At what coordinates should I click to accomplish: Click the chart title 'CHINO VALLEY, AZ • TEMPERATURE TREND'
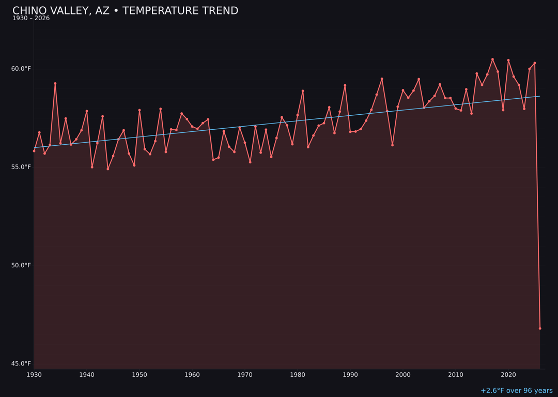pyautogui.click(x=125, y=11)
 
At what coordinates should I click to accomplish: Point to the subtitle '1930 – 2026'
pyautogui.click(x=31, y=19)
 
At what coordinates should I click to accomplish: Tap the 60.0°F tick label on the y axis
pyautogui.click(x=21, y=69)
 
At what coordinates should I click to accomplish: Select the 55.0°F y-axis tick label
pyautogui.click(x=21, y=167)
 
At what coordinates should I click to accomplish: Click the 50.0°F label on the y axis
pyautogui.click(x=21, y=265)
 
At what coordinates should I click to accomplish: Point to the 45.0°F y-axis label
pyautogui.click(x=21, y=363)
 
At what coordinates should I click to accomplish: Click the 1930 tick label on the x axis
pyautogui.click(x=34, y=375)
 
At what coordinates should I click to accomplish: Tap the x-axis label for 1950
pyautogui.click(x=139, y=375)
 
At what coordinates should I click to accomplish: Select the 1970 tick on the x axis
pyautogui.click(x=245, y=375)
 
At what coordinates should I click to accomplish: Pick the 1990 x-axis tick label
pyautogui.click(x=350, y=375)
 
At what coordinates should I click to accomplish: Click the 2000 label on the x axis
pyautogui.click(x=403, y=375)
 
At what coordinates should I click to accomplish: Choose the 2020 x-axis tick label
pyautogui.click(x=508, y=375)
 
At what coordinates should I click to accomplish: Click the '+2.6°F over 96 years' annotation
pyautogui.click(x=516, y=391)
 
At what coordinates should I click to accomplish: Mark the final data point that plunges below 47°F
pyautogui.click(x=540, y=328)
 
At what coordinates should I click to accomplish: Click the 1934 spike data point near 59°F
pyautogui.click(x=55, y=83)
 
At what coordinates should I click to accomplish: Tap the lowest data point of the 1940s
pyautogui.click(x=108, y=169)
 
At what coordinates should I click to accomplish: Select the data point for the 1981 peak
pyautogui.click(x=303, y=91)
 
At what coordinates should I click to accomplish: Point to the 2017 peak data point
pyautogui.click(x=492, y=59)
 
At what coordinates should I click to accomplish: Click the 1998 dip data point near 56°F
pyautogui.click(x=392, y=145)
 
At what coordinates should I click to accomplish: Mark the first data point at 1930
pyautogui.click(x=34, y=151)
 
